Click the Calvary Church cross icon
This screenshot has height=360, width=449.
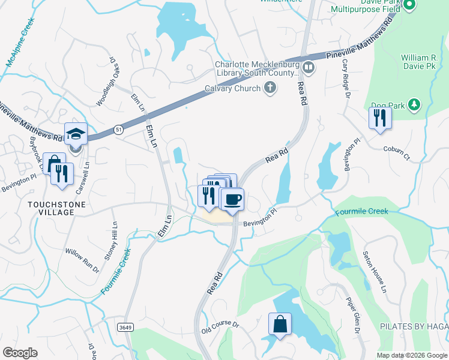270,89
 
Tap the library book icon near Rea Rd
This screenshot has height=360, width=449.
309,67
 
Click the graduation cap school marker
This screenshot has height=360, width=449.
76,133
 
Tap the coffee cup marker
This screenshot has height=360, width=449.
232,198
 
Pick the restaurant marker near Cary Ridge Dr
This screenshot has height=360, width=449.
379,117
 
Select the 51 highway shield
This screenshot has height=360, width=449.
117,130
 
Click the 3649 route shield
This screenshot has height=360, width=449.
125,327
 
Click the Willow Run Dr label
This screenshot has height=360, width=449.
82,261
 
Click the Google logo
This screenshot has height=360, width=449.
20,353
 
